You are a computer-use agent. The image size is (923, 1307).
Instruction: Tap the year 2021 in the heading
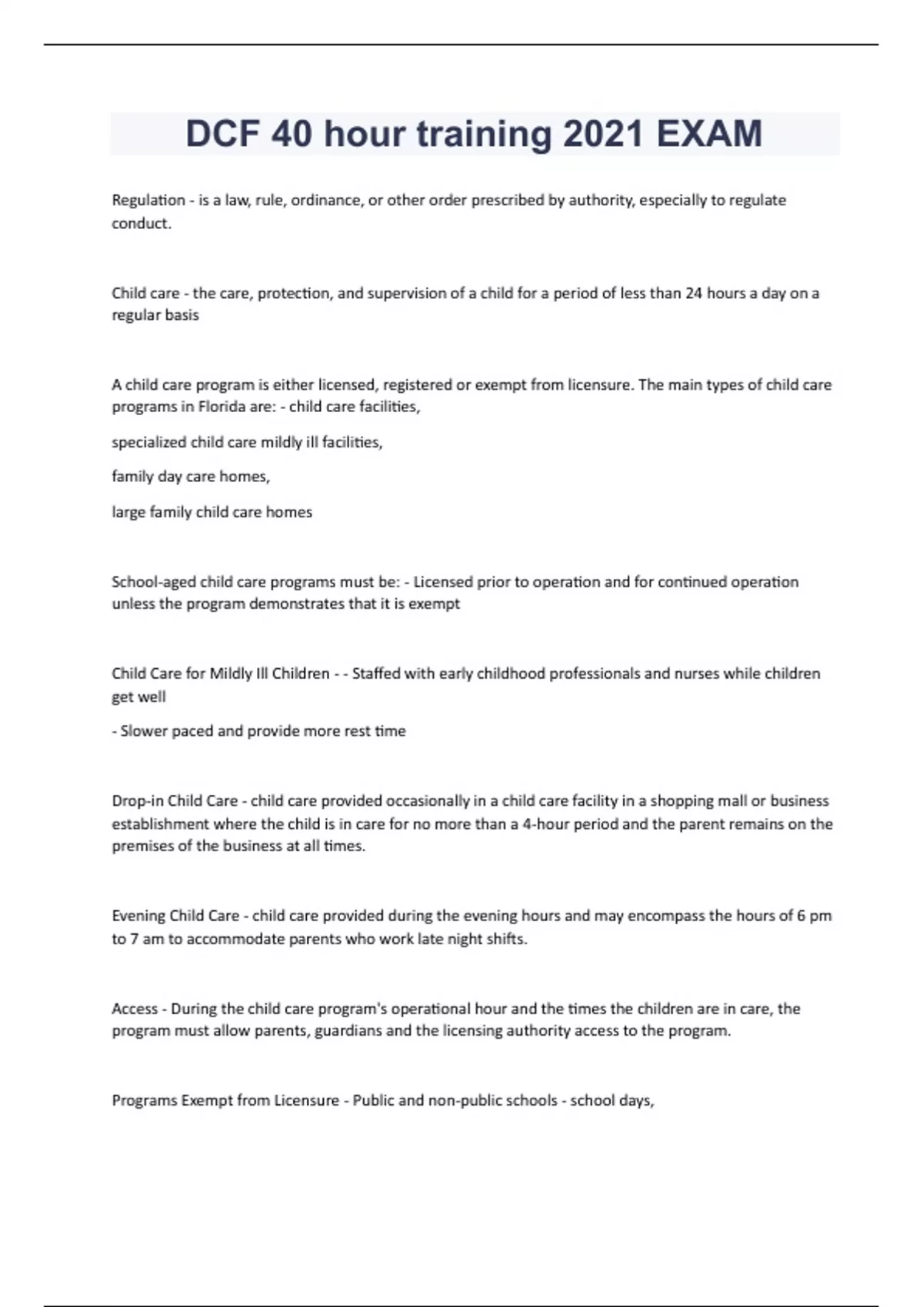[x=603, y=134]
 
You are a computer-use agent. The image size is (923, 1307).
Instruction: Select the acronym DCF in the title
[x=222, y=134]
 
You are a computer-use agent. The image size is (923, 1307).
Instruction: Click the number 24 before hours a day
[x=694, y=293]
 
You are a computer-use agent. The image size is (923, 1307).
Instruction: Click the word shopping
[x=681, y=800]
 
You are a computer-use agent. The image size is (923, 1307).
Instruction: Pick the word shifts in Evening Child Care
[x=505, y=939]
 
